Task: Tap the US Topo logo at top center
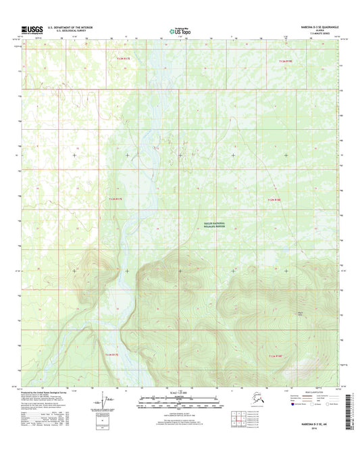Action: [x=179, y=30]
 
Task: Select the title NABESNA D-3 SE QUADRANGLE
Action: [x=314, y=26]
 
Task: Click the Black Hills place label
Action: [x=301, y=313]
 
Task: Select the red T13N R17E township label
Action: [x=122, y=60]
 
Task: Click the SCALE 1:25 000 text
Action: [x=180, y=394]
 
